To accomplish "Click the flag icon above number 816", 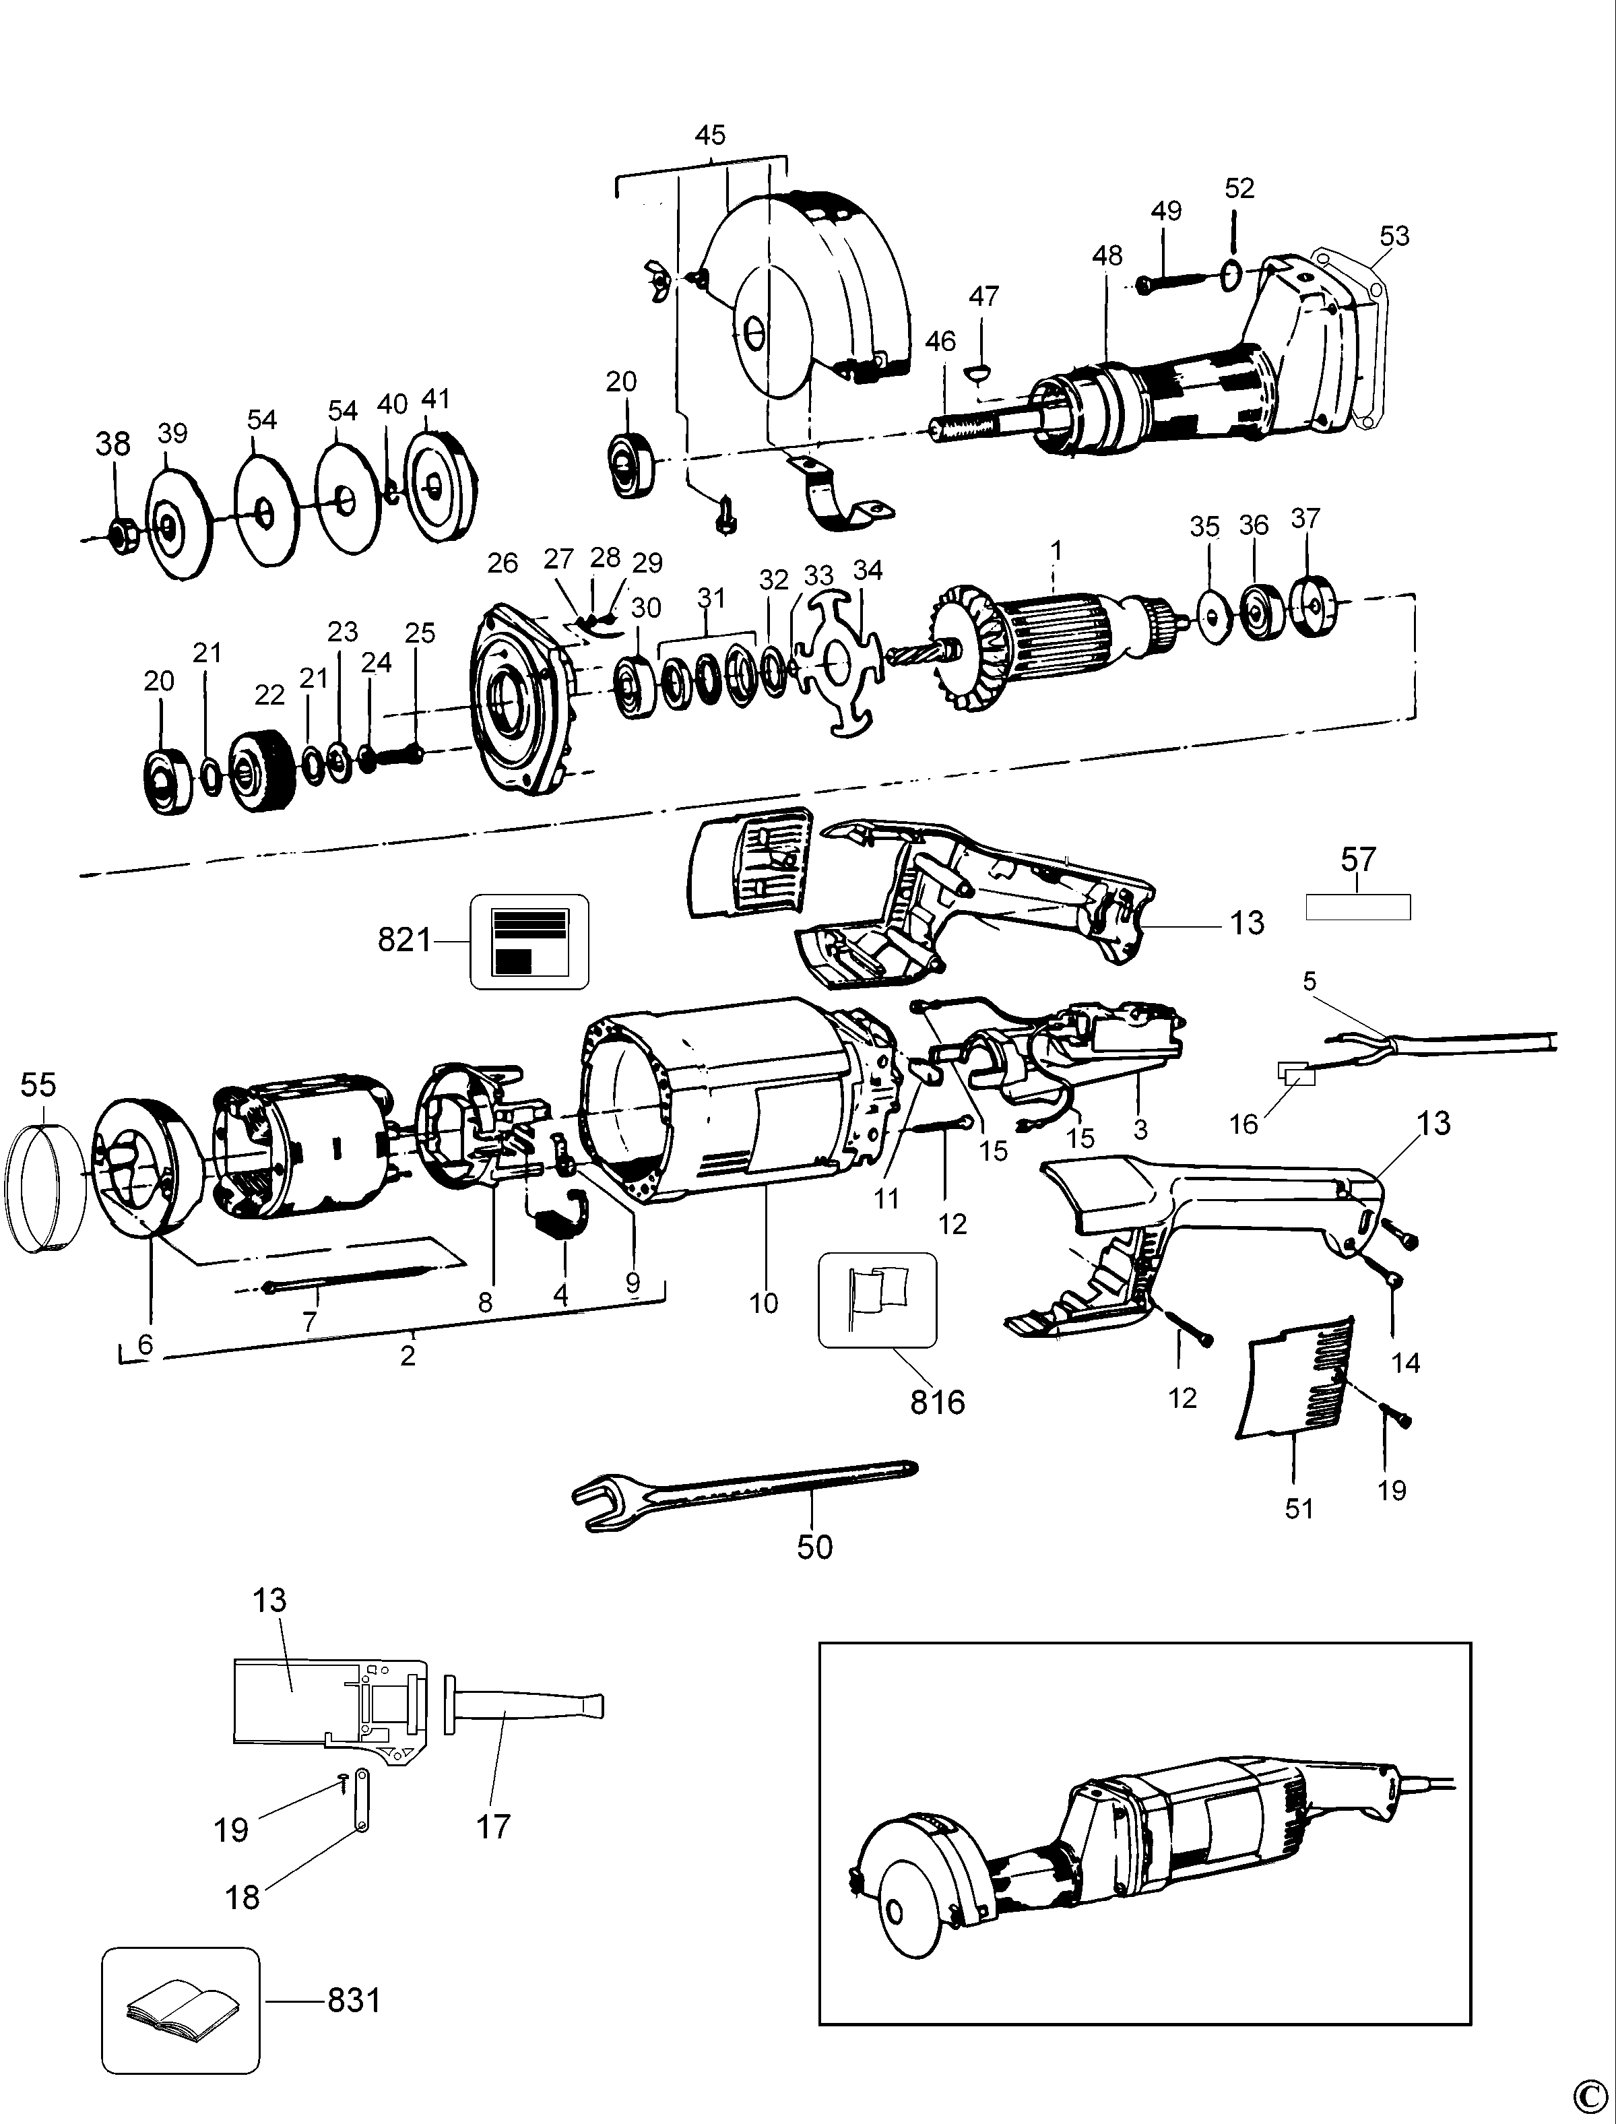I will (x=876, y=1299).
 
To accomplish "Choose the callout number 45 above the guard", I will (x=710, y=135).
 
